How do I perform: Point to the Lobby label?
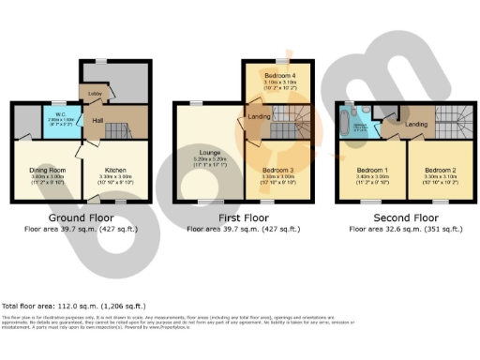[95, 93]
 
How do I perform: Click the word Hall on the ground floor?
[97, 120]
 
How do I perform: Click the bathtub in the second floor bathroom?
[357, 124]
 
